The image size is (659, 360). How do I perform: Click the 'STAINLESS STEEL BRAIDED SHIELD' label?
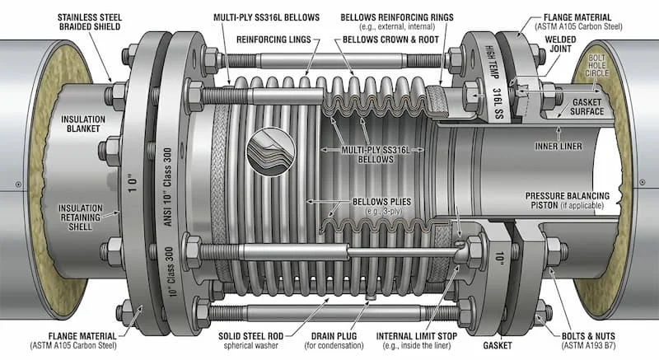click(x=90, y=22)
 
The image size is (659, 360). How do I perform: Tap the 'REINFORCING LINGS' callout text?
click(x=273, y=40)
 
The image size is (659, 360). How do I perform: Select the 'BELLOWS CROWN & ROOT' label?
click(x=390, y=40)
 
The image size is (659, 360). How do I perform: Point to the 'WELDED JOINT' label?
click(x=560, y=44)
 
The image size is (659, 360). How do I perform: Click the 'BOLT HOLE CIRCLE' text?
click(x=596, y=66)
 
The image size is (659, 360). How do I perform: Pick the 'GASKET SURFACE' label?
click(x=587, y=107)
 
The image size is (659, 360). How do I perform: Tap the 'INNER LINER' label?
click(x=559, y=146)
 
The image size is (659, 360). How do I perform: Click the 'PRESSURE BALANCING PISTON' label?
click(x=568, y=200)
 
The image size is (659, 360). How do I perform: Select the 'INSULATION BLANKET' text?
click(x=83, y=124)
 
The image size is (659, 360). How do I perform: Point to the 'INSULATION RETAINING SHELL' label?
click(x=80, y=217)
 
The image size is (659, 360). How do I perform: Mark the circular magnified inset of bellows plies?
click(x=271, y=152)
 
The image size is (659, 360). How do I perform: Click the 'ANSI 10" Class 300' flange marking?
click(x=168, y=186)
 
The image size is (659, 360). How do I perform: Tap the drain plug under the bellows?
click(x=370, y=297)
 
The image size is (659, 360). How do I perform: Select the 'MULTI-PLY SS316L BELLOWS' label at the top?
click(x=266, y=17)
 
